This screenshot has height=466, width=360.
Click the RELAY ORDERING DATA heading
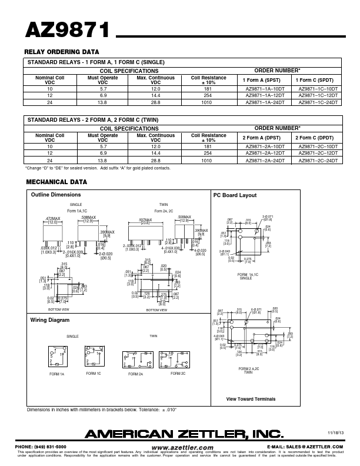click(x=61, y=52)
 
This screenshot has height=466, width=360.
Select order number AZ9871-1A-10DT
click(x=265, y=88)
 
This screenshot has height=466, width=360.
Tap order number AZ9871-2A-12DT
click(x=265, y=153)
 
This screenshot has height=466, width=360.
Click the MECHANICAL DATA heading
click(x=56, y=182)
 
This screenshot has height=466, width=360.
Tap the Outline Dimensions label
click(x=56, y=195)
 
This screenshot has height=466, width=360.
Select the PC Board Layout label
click(x=235, y=195)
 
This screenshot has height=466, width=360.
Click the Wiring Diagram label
click(x=50, y=320)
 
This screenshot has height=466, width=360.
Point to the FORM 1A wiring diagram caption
click(x=58, y=374)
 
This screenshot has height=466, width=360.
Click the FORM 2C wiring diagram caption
click(x=178, y=374)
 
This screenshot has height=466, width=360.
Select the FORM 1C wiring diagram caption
click(x=94, y=374)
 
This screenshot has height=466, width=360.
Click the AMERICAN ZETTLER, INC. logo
click(x=184, y=434)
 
